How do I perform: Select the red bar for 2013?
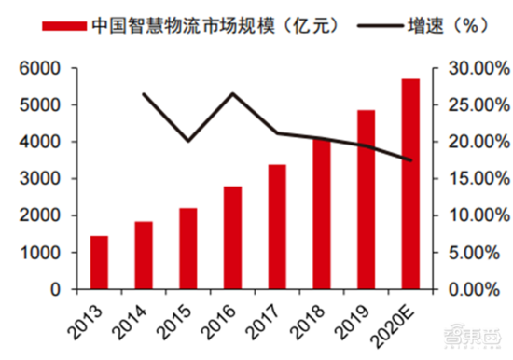tap(99, 262)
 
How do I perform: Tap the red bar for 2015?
tap(188, 248)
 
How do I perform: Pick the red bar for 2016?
tap(232, 238)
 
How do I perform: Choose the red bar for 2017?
tap(277, 227)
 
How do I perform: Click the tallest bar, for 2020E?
tap(410, 184)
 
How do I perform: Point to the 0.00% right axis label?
tap(471, 290)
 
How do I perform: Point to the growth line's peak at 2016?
tap(232, 93)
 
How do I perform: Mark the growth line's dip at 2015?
tap(188, 142)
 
